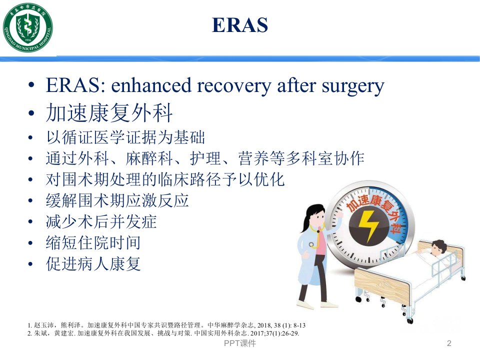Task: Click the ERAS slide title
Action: (240, 25)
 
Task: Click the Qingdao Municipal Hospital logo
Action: (27, 27)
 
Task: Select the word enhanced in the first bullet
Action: (151, 85)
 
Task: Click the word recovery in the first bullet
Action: (234, 86)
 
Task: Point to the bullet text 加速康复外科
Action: (109, 112)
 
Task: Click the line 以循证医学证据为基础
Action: (125, 137)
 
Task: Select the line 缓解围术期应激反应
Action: (117, 200)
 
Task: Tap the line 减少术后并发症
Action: (101, 221)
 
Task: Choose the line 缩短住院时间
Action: (93, 243)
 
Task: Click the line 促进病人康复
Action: (93, 264)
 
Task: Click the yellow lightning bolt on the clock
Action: (368, 225)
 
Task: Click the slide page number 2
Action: (449, 343)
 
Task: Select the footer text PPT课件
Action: (240, 343)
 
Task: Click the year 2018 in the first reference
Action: (263, 325)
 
